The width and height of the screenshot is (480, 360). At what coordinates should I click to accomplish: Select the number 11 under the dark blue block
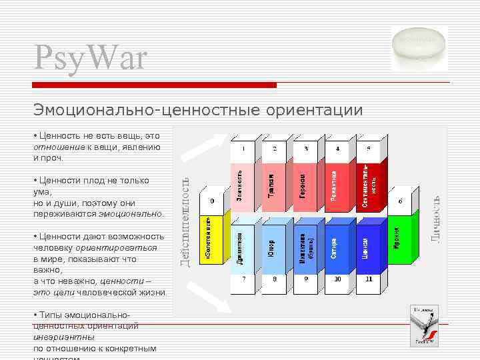coord(367,279)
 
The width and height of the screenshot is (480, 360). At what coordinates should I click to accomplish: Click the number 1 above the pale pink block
coord(244,148)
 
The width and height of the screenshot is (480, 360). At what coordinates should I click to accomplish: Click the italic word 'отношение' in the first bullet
coord(59,147)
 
